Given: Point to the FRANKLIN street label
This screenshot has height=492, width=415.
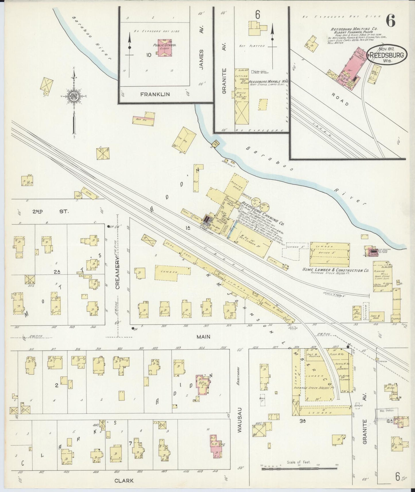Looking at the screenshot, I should [155, 94].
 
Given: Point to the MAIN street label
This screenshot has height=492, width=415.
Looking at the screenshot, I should [203, 336].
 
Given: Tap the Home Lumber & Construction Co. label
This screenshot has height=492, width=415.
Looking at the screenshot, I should [335, 270].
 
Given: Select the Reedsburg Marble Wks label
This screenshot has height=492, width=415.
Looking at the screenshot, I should [268, 82].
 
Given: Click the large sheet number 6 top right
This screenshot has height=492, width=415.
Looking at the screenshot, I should [391, 20].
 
